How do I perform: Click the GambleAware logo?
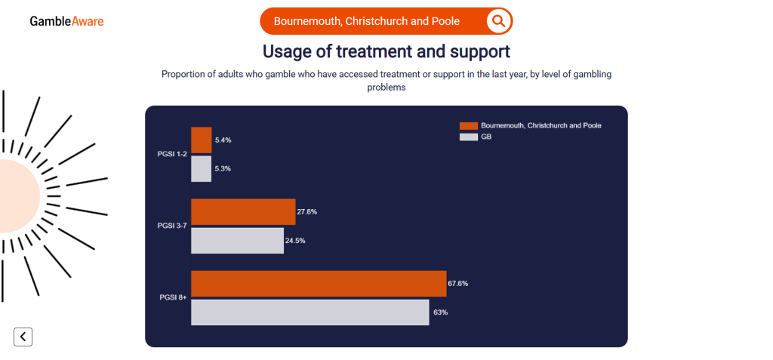[x=66, y=21]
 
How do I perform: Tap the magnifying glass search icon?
[x=498, y=21]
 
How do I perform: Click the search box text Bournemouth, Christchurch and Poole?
[x=366, y=21]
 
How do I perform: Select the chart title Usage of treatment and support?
[x=386, y=51]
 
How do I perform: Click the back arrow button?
[x=23, y=337]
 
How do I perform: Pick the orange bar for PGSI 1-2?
[x=202, y=140]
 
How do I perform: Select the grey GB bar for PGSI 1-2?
[x=201, y=168]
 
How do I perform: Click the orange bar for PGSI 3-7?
[x=243, y=212]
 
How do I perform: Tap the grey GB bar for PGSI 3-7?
[x=237, y=241]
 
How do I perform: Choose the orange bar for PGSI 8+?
[x=319, y=284]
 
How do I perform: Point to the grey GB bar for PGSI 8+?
[x=310, y=312]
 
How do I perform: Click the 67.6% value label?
[x=458, y=284]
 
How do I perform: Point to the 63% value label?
[x=440, y=312]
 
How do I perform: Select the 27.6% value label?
[x=306, y=212]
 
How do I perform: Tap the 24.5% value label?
[x=295, y=241]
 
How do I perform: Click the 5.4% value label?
[x=223, y=140]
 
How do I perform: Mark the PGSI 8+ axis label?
[x=172, y=298]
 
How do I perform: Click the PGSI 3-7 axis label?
[x=171, y=226]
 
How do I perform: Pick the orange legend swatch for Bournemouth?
[x=468, y=125]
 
